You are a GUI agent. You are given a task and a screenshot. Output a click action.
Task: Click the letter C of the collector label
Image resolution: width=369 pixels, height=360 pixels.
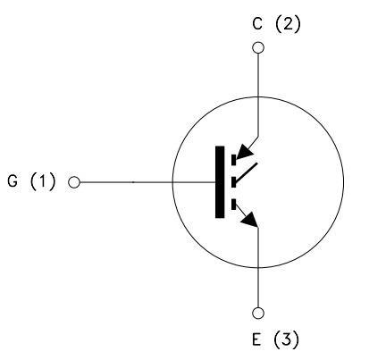[257, 24]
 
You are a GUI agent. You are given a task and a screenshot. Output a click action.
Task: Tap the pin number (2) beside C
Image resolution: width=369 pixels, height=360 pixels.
[288, 24]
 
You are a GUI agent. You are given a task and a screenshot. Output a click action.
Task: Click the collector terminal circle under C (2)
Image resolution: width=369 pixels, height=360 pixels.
[258, 47]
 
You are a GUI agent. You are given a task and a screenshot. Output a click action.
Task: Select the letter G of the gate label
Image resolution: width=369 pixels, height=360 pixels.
[13, 180]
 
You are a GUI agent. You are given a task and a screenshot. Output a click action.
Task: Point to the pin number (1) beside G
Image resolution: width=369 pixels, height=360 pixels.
[43, 181]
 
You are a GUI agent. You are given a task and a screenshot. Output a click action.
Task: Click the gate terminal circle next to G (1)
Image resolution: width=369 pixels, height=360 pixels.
[74, 182]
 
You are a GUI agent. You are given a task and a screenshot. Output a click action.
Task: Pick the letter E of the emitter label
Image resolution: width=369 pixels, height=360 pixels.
[256, 339]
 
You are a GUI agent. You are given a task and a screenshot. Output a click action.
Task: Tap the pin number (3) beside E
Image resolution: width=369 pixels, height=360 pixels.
[286, 339]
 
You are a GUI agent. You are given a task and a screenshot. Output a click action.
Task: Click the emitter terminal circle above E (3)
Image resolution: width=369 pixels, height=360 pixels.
[258, 314]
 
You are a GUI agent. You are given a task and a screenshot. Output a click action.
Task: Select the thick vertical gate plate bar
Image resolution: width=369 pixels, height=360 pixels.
[220, 182]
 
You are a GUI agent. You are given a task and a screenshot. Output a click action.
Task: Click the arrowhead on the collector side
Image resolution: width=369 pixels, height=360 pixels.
[244, 152]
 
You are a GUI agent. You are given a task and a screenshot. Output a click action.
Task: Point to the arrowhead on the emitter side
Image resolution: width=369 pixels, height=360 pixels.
[250, 220]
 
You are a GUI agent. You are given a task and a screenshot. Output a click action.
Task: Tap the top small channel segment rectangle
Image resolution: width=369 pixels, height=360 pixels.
[234, 160]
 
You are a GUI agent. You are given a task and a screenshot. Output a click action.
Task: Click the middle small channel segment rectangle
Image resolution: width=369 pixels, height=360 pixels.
[234, 182]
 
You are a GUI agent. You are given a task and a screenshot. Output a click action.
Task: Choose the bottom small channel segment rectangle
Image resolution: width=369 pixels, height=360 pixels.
[234, 205]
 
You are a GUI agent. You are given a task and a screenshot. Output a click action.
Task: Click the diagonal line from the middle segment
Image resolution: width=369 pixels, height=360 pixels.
[247, 172]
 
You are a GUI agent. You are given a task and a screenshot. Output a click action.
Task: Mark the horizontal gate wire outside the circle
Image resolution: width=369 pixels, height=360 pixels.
[126, 182]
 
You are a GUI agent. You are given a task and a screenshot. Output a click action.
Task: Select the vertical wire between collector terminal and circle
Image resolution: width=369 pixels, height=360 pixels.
[258, 75]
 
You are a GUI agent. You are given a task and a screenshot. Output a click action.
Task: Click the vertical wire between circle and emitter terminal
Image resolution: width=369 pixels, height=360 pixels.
[258, 288]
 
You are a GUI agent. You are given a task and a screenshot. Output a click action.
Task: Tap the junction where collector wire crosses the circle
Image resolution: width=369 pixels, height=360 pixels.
[258, 97]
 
